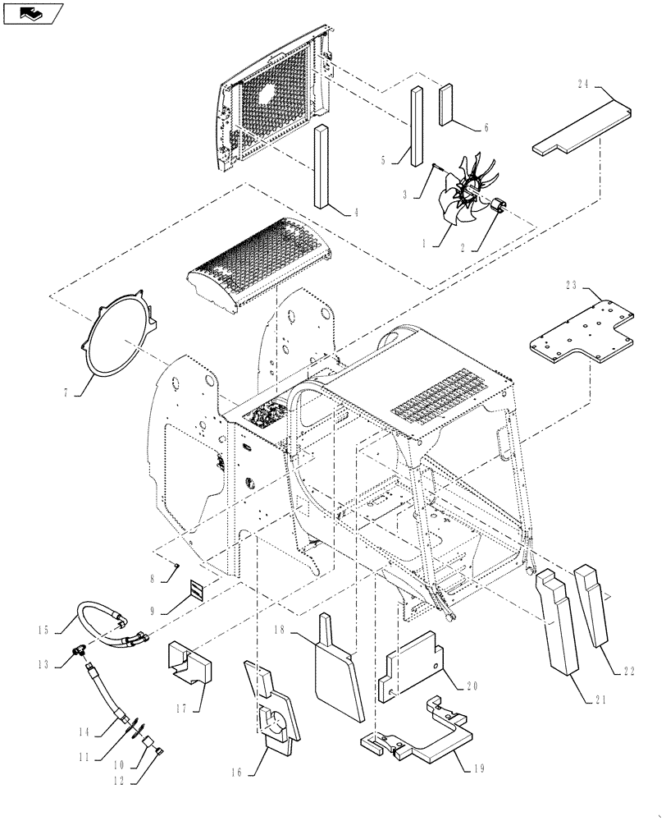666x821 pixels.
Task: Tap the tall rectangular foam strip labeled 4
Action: tap(320, 168)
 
